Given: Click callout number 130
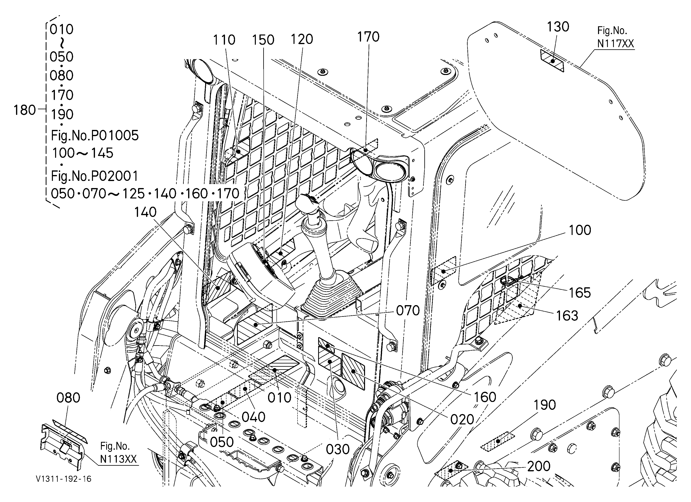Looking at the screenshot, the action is click(558, 27).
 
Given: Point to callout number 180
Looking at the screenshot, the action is click(24, 110).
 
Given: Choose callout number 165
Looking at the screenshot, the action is click(580, 293).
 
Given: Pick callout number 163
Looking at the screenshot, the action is click(567, 316).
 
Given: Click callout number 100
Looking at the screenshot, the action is click(580, 230).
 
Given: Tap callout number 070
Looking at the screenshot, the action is click(408, 311).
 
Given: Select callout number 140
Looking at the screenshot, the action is click(145, 212).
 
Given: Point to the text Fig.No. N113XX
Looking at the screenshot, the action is click(118, 453).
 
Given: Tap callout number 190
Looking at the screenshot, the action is click(545, 405).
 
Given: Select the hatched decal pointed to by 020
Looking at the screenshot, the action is click(353, 371).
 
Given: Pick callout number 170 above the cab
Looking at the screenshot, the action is click(368, 37).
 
